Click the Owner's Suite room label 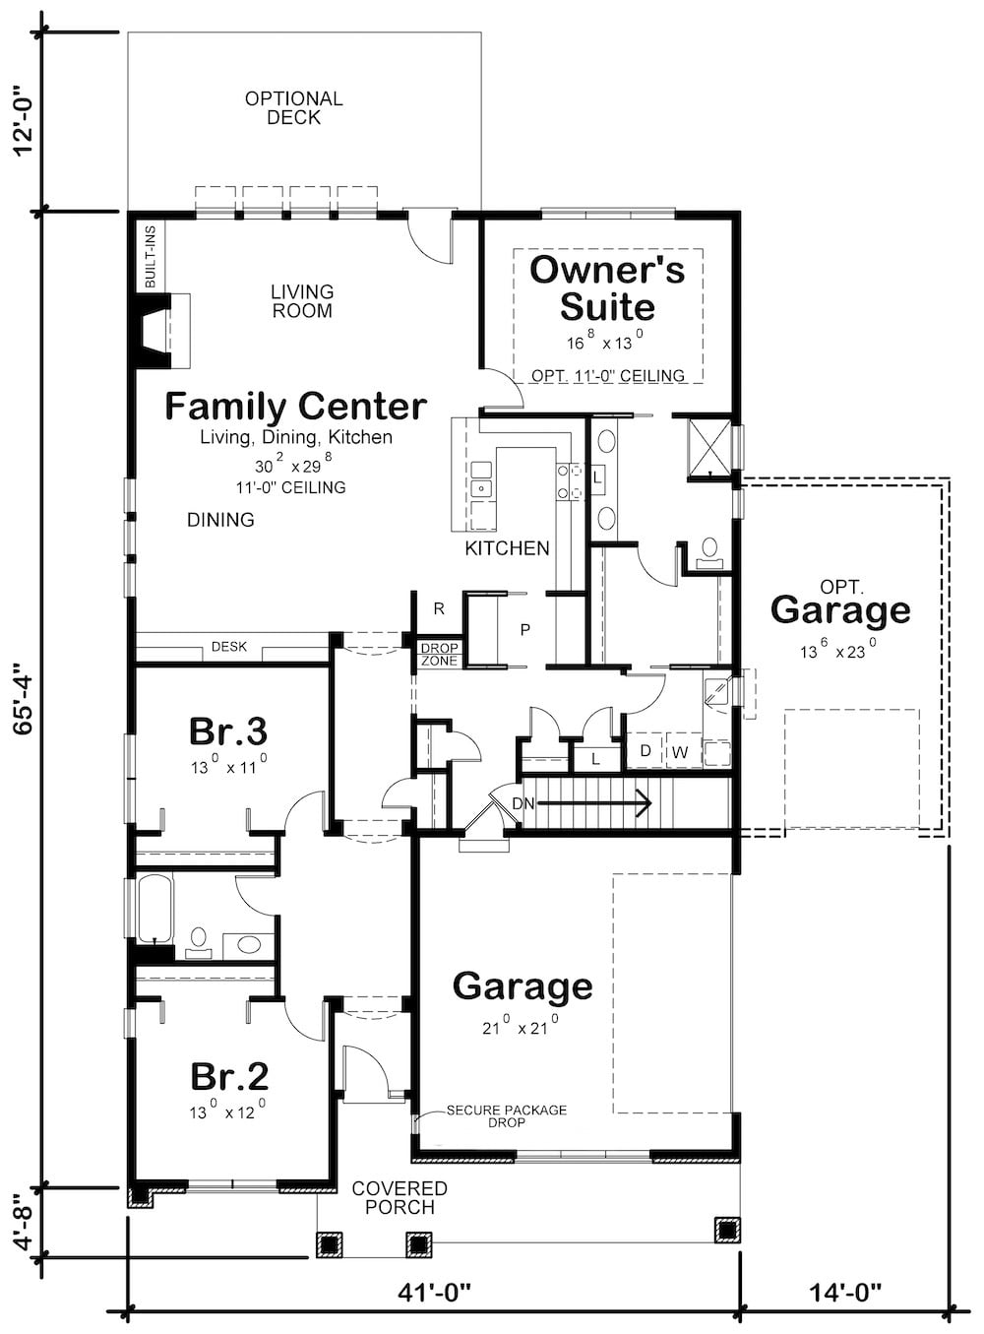pyautogui.click(x=607, y=287)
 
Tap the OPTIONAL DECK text pyautogui.click(x=294, y=108)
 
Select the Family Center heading pyautogui.click(x=295, y=406)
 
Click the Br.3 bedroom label pyautogui.click(x=228, y=731)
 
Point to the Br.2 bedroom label pyautogui.click(x=229, y=1076)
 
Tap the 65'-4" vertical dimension pyautogui.click(x=27, y=699)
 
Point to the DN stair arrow pyautogui.click(x=590, y=804)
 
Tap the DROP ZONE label pyautogui.click(x=439, y=655)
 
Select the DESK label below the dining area pyautogui.click(x=229, y=647)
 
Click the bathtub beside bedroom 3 pyautogui.click(x=154, y=909)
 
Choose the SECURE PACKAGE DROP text pyautogui.click(x=506, y=1115)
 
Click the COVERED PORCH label pyautogui.click(x=400, y=1198)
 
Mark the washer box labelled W pyautogui.click(x=679, y=753)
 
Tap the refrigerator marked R pyautogui.click(x=439, y=609)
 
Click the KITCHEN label pyautogui.click(x=507, y=548)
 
